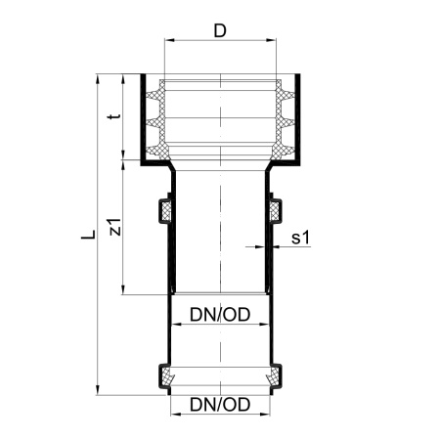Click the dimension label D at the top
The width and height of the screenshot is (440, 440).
tap(220, 31)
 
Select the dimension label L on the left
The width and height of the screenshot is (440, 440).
tap(88, 234)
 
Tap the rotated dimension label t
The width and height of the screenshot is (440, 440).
tap(114, 116)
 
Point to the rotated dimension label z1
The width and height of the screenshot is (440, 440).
tap(115, 227)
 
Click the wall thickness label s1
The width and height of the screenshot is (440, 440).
tap(300, 238)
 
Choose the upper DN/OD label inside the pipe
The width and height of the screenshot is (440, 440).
tap(220, 315)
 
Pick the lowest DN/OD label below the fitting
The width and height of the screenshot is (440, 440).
tap(220, 405)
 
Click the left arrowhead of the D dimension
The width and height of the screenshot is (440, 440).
tap(169, 40)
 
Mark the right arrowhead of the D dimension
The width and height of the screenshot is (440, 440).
tap(272, 40)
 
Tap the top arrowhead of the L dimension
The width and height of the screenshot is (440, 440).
tap(97, 79)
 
